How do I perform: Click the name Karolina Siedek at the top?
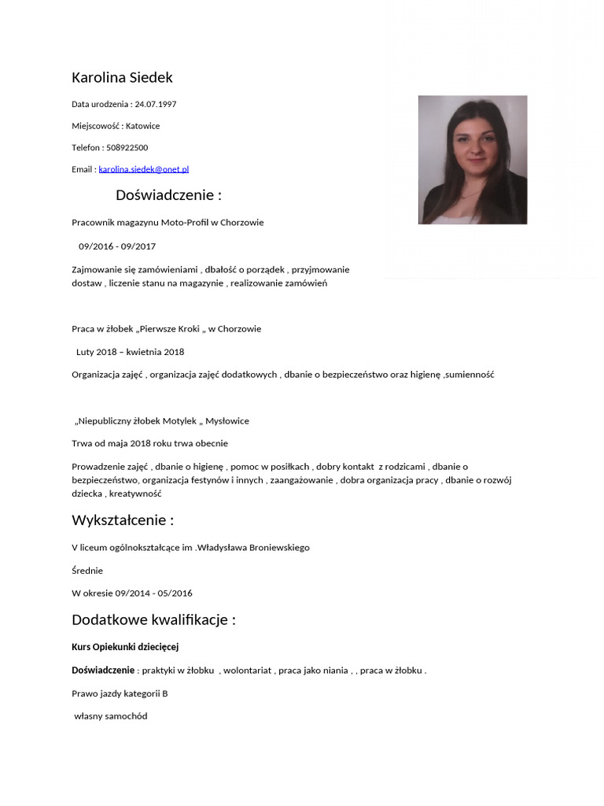tap(122, 77)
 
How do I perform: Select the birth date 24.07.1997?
tap(156, 104)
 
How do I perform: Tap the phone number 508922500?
tap(127, 147)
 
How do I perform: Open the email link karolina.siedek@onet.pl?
tap(144, 169)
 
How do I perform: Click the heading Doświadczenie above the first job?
tap(168, 195)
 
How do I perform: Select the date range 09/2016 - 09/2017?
tap(117, 246)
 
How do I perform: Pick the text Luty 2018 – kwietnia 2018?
tap(130, 352)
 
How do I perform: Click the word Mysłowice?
tap(227, 421)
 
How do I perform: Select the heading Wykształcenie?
tap(123, 520)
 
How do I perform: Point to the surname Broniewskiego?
tap(270, 548)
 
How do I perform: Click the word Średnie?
tap(87, 571)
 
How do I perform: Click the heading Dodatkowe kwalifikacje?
tap(153, 619)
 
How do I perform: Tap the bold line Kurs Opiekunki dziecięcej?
tap(126, 647)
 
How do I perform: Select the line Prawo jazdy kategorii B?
tap(120, 694)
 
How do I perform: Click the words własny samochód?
tap(111, 717)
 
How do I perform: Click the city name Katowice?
tap(142, 126)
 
